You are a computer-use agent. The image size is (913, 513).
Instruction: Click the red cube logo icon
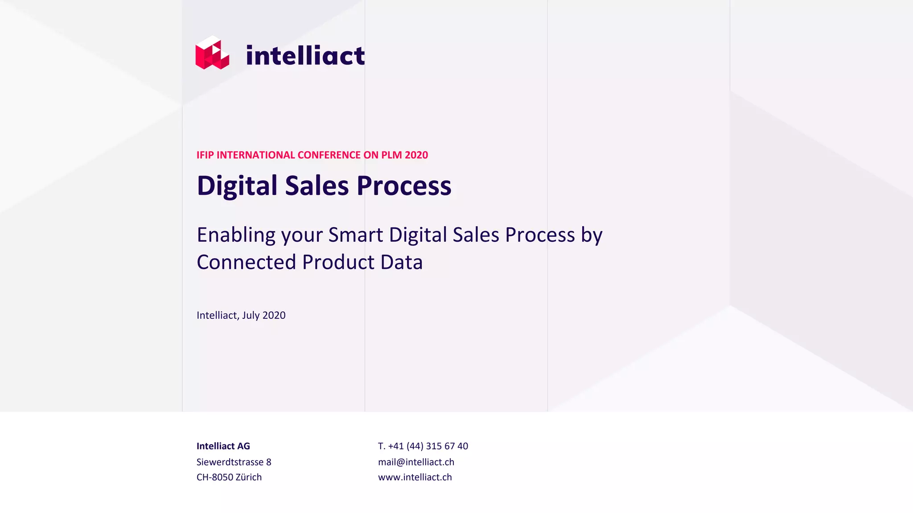click(212, 53)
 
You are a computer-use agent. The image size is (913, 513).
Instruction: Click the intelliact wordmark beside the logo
click(305, 56)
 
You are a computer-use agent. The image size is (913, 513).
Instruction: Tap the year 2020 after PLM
click(416, 155)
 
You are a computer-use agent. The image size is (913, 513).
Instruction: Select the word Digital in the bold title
click(237, 186)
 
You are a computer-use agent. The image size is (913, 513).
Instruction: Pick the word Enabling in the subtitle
click(236, 235)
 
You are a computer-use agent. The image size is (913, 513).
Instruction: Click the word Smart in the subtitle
click(355, 235)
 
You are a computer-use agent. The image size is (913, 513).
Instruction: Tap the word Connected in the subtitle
click(247, 262)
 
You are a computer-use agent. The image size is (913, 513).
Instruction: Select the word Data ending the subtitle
click(401, 262)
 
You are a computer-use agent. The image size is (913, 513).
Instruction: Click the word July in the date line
click(251, 315)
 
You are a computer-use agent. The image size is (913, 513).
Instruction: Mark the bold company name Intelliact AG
click(223, 446)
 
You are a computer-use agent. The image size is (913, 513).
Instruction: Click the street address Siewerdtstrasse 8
click(234, 462)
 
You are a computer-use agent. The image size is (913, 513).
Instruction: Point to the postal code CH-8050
click(214, 477)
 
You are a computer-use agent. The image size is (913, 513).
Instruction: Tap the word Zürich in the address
click(249, 477)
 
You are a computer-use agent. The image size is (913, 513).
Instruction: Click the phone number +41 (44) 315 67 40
click(428, 446)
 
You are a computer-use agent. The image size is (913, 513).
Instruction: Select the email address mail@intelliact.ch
click(416, 462)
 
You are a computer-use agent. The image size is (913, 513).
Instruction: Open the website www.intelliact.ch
click(415, 477)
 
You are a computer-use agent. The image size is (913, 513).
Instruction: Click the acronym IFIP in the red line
click(205, 155)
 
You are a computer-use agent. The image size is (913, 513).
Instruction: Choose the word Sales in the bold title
click(317, 186)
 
